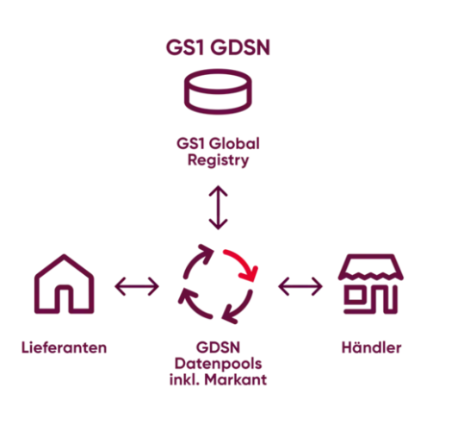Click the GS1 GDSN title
(x=218, y=47)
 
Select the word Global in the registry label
(x=236, y=144)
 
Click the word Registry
(x=218, y=160)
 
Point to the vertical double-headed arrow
(x=218, y=208)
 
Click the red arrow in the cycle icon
(x=241, y=265)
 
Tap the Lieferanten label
(x=64, y=347)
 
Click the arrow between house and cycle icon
(x=137, y=286)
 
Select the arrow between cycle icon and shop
(x=300, y=286)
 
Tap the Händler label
(x=371, y=347)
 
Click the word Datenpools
(x=218, y=364)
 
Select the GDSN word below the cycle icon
(x=218, y=347)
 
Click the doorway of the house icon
(x=65, y=299)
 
